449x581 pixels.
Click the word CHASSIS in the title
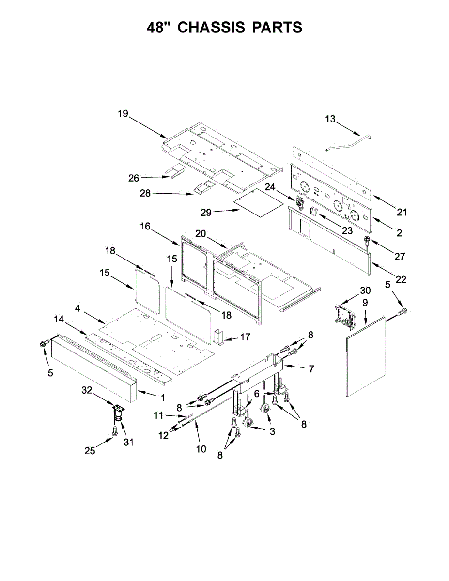211,28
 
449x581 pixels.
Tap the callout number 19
123,114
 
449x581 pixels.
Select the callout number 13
330,119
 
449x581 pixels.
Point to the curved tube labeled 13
350,142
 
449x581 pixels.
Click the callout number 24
269,186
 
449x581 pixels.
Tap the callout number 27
399,257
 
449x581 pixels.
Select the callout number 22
401,279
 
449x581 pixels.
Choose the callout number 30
365,290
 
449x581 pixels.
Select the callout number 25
90,451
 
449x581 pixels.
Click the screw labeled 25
115,430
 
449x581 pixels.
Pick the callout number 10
201,449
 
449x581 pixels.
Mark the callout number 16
145,226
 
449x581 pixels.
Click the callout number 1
162,398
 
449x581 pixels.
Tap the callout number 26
134,178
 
